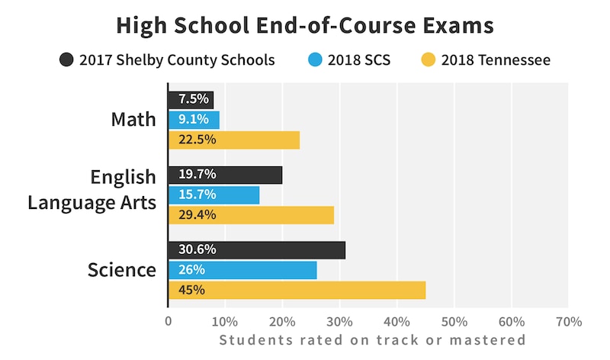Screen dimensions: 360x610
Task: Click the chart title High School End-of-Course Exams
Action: [305, 25]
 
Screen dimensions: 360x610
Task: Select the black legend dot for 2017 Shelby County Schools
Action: [67, 59]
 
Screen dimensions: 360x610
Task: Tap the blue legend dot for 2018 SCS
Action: [316, 59]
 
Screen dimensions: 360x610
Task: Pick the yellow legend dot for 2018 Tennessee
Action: [428, 59]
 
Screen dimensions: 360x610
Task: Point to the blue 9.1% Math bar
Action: [194, 120]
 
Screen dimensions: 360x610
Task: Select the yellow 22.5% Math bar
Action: [233, 140]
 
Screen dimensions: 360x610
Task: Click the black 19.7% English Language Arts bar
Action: [225, 175]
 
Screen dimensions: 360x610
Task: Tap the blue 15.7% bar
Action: [213, 194]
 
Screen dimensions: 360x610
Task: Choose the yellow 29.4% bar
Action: [251, 214]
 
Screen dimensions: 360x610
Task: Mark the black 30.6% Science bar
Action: [256, 249]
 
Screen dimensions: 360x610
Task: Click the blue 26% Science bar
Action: [242, 269]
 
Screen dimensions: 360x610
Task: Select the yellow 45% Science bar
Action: [297, 290]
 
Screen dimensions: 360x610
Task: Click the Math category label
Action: [133, 120]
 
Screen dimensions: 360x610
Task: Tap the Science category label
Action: [122, 270]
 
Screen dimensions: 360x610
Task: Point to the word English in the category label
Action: [124, 178]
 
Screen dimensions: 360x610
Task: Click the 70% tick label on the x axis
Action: [569, 321]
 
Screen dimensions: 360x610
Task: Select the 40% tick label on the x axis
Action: [396, 321]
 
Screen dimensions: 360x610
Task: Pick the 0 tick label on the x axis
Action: [169, 321]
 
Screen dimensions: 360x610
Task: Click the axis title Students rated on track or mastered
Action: [372, 340]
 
